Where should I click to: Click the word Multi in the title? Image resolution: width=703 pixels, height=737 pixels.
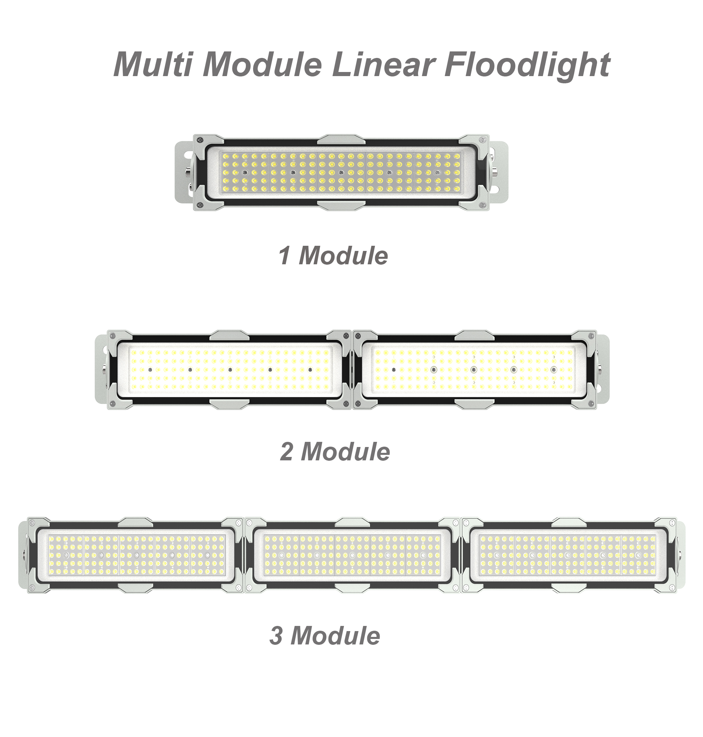pyautogui.click(x=153, y=64)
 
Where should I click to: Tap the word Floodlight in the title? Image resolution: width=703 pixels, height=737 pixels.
pyautogui.click(x=527, y=66)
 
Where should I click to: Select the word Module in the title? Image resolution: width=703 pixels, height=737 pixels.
pyautogui.click(x=262, y=64)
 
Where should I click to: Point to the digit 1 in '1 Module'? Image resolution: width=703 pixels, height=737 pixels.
pyautogui.click(x=285, y=255)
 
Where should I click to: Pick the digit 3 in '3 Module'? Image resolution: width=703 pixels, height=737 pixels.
pyautogui.click(x=276, y=636)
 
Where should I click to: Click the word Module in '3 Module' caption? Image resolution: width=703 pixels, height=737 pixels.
pyautogui.click(x=335, y=636)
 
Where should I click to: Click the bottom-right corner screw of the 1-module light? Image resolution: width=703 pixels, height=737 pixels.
pyautogui.click(x=483, y=205)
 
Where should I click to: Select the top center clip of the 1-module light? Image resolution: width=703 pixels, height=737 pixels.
pyautogui.click(x=341, y=140)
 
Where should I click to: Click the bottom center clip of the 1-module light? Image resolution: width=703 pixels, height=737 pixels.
pyautogui.click(x=341, y=205)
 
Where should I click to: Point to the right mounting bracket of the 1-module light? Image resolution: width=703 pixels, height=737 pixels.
pyautogui.click(x=498, y=173)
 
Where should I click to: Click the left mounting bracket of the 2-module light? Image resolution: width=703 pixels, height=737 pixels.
pyautogui.click(x=102, y=369)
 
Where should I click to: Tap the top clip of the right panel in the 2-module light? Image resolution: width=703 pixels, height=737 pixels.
pyautogui.click(x=474, y=336)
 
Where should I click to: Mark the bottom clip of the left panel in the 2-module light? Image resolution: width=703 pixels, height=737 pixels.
pyautogui.click(x=229, y=404)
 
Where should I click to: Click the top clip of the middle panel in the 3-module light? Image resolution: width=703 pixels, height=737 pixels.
pyautogui.click(x=352, y=522)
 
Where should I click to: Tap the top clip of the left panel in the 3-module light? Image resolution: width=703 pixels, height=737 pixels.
pyautogui.click(x=135, y=522)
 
